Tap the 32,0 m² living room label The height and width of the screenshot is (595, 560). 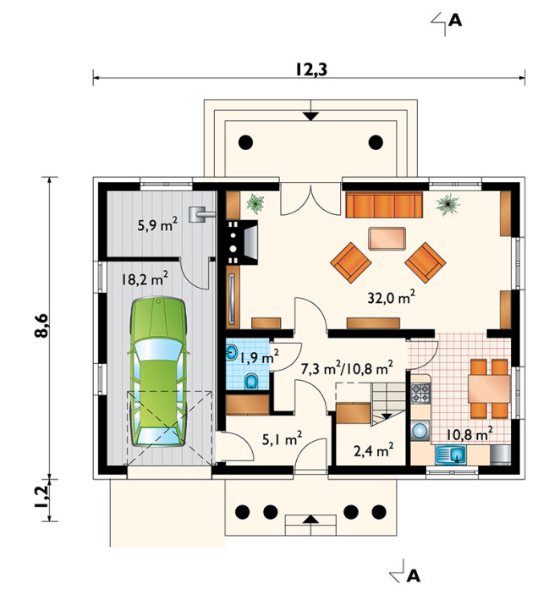391,297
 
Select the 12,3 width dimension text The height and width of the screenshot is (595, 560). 311,69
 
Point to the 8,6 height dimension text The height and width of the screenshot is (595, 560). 41,326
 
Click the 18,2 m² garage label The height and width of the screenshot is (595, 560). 145,278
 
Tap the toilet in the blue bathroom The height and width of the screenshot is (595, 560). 250,381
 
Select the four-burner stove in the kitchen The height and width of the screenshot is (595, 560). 420,393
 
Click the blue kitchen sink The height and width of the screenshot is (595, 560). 451,455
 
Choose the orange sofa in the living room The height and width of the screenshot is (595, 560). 384,205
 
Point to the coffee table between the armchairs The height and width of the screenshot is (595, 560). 387,239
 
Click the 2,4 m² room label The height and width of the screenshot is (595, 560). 373,450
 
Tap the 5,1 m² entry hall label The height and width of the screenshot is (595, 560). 282,439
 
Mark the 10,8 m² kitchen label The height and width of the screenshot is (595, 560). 469,433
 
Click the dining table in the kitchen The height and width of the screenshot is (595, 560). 489,388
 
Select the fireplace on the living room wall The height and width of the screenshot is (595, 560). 242,242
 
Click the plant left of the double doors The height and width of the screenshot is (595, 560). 255,203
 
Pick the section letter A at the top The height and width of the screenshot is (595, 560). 455,20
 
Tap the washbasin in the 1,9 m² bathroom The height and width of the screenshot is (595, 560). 232,353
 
